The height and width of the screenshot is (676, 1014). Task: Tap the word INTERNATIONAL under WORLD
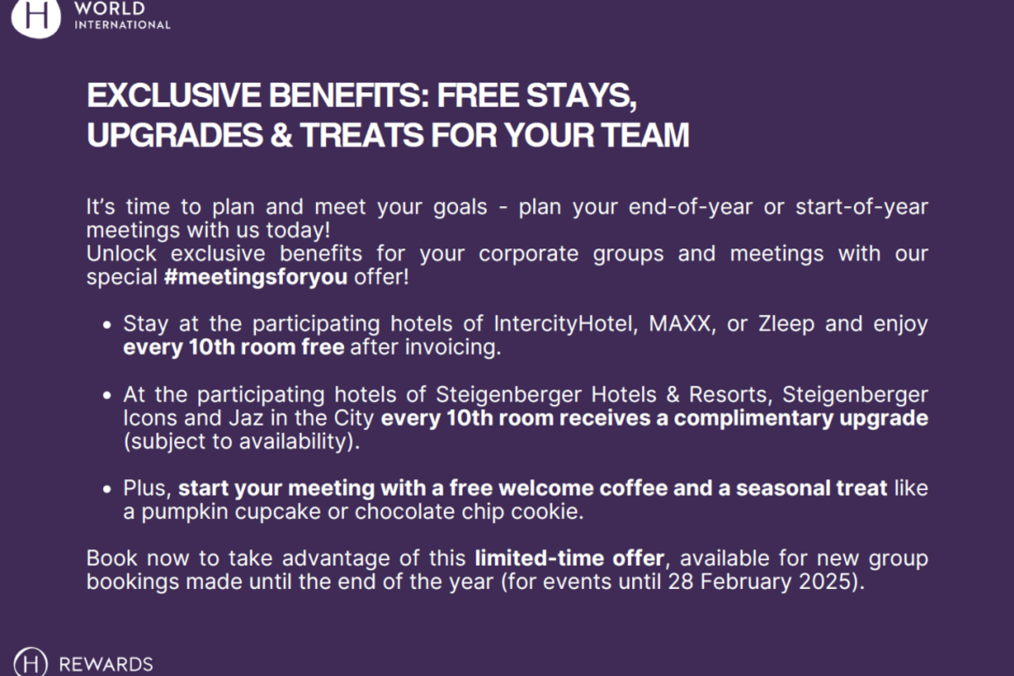123,25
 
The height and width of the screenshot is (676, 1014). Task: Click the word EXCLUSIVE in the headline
174,95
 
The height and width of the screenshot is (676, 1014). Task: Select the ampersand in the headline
281,135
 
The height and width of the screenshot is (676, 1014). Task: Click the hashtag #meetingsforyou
256,276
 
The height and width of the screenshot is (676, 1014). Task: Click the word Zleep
787,324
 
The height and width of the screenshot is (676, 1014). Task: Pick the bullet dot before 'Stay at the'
106,324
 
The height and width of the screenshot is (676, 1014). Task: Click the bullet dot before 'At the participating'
106,395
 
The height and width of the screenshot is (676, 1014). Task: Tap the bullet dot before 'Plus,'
106,489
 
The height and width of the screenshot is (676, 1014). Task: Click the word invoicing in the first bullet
453,348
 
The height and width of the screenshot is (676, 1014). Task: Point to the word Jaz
246,418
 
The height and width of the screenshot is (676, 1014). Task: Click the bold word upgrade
884,418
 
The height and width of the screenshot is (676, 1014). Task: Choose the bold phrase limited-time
540,559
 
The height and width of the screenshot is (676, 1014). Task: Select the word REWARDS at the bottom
106,664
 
